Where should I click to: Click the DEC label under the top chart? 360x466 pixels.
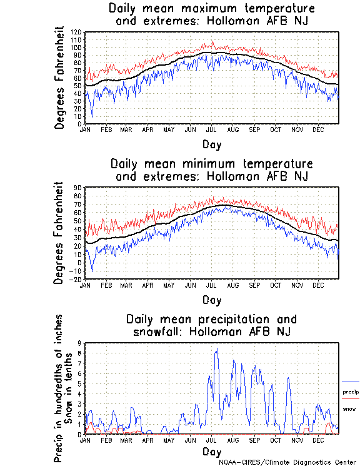pos(318,129)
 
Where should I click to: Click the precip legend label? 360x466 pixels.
pos(351,392)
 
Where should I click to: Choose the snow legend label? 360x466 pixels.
pos(349,408)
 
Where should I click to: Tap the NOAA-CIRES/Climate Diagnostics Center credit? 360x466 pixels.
pos(288,462)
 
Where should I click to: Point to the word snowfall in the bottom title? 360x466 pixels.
pos(159,331)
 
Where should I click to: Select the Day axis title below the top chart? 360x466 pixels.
pos(211,144)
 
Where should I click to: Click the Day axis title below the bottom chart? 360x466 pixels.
pos(211,451)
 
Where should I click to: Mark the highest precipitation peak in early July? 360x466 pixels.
pos(217,349)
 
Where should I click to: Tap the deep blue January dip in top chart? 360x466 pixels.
pos(92,116)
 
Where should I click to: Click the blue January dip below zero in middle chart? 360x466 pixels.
pos(92,271)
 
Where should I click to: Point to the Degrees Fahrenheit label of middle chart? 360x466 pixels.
pos(60,233)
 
